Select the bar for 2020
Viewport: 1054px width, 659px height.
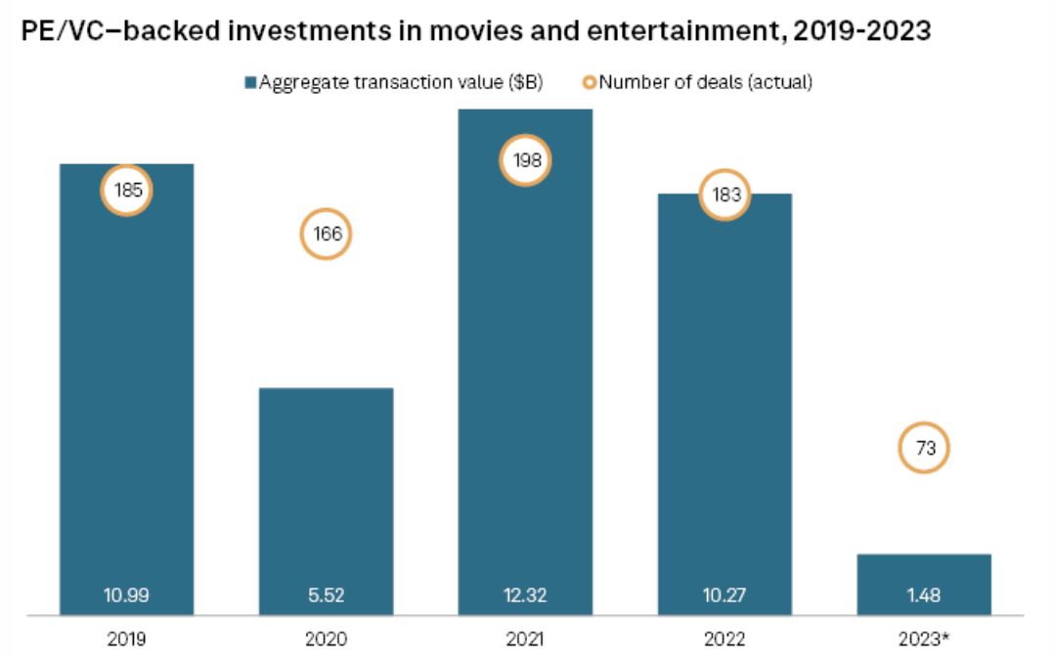point(326,489)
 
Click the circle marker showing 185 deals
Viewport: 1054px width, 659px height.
point(128,191)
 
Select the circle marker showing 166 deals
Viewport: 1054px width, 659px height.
point(326,235)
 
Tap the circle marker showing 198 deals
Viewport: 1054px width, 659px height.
point(526,161)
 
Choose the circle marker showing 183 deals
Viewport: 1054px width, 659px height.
point(725,195)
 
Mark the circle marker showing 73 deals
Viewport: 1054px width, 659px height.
point(924,449)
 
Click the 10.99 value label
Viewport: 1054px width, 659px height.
point(127,594)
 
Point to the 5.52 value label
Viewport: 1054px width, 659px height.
point(326,594)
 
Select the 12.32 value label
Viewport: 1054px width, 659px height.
point(525,594)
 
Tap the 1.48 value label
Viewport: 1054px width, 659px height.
point(924,594)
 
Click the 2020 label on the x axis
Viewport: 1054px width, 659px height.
point(326,639)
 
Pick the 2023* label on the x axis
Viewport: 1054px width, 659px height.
point(925,639)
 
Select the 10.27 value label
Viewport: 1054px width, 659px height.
point(725,594)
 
